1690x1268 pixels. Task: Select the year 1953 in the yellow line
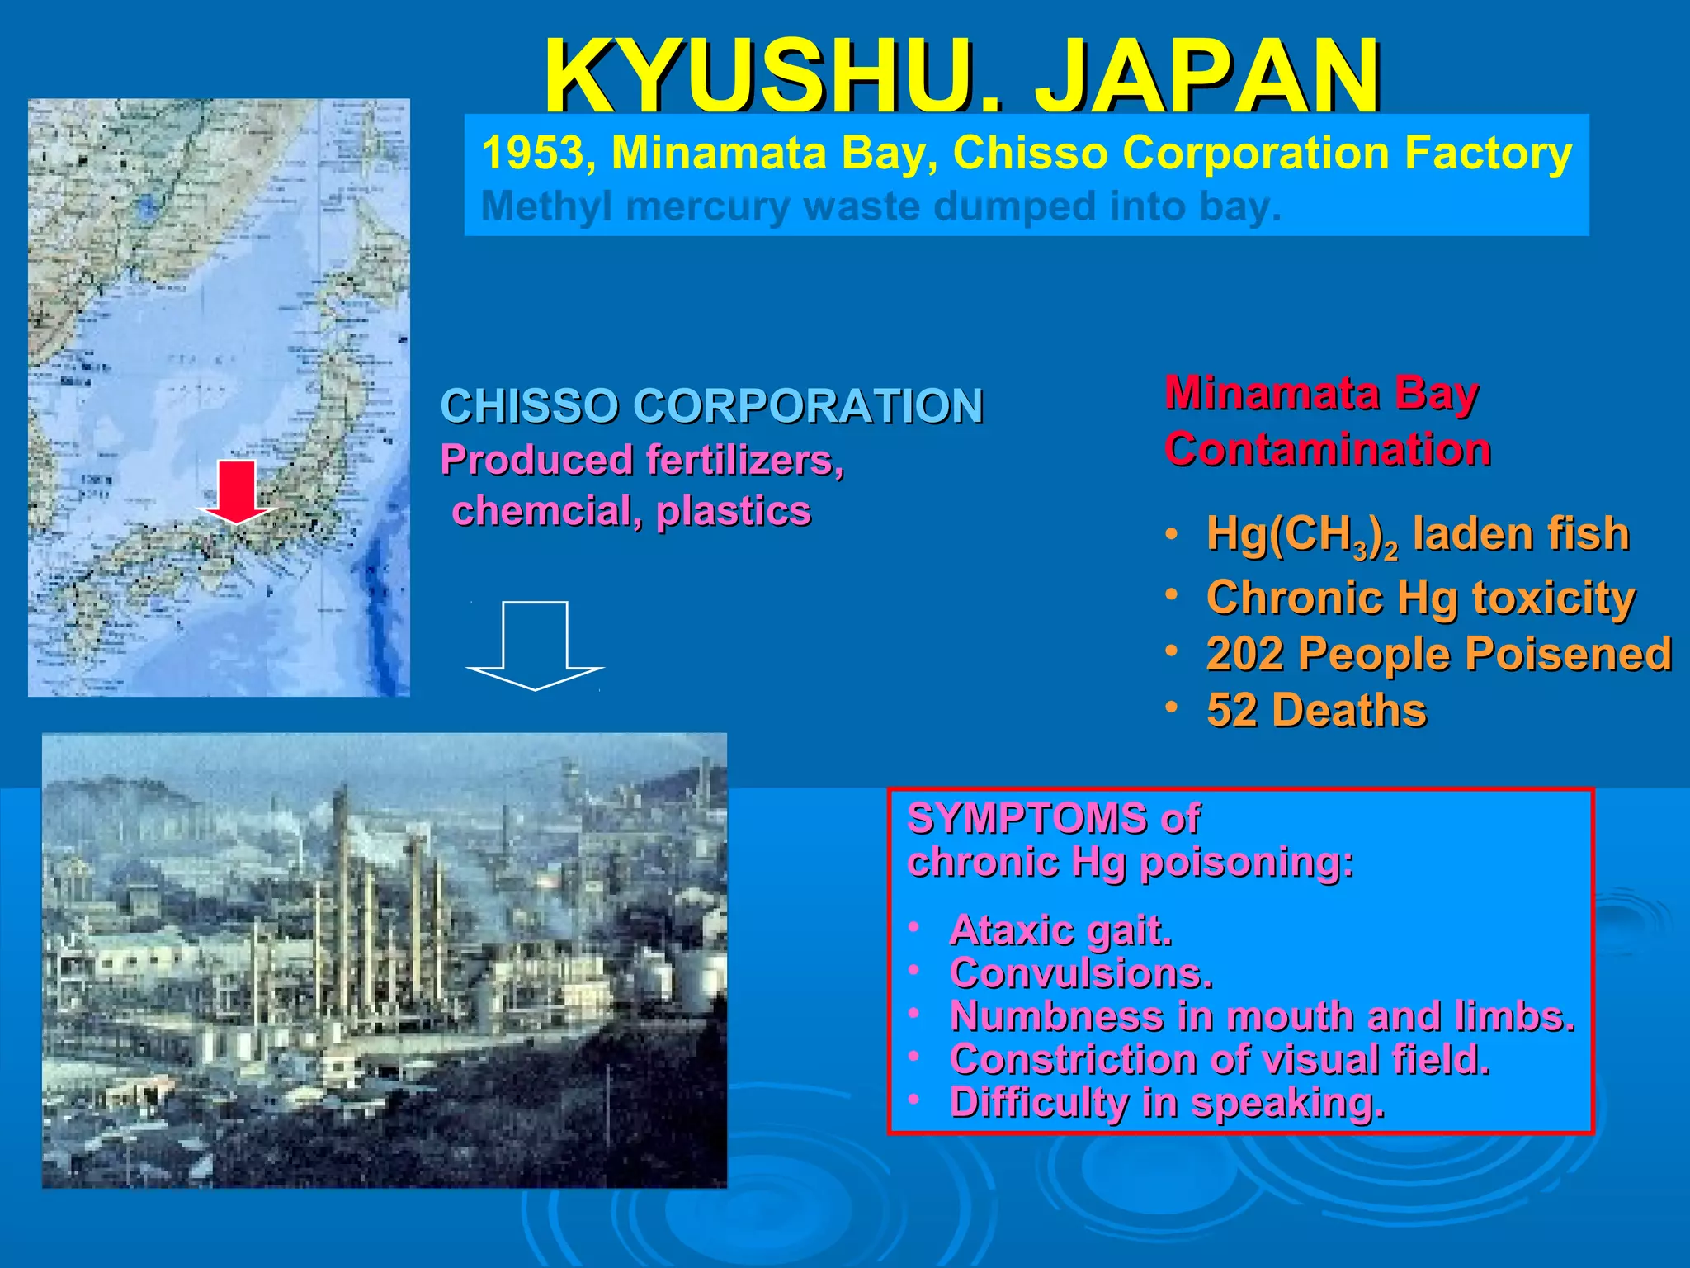533,154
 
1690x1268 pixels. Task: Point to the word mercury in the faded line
706,206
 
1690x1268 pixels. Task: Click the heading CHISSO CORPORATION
711,406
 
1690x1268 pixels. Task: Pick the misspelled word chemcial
541,511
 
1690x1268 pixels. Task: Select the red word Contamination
1327,450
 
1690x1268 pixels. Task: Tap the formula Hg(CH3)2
1301,534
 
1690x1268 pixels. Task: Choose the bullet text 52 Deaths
1315,710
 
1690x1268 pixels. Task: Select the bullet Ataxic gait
1060,930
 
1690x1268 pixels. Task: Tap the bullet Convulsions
1081,973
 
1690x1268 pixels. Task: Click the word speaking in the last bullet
1287,1103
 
